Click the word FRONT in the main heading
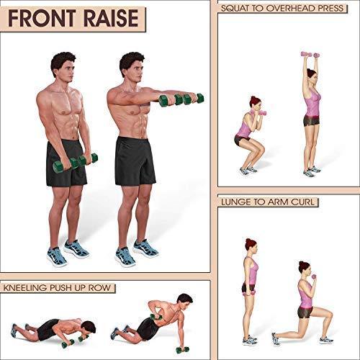click(42, 19)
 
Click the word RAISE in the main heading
click(111, 19)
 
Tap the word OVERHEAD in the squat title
click(291, 9)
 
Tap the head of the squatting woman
click(254, 102)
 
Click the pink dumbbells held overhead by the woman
click(310, 55)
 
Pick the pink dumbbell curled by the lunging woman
click(314, 276)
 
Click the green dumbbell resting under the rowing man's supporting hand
click(182, 349)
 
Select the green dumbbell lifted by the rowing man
click(156, 317)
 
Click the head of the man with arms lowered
click(63, 65)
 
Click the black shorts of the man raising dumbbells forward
click(135, 161)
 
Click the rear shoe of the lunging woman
click(276, 339)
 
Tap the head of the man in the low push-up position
click(89, 328)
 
